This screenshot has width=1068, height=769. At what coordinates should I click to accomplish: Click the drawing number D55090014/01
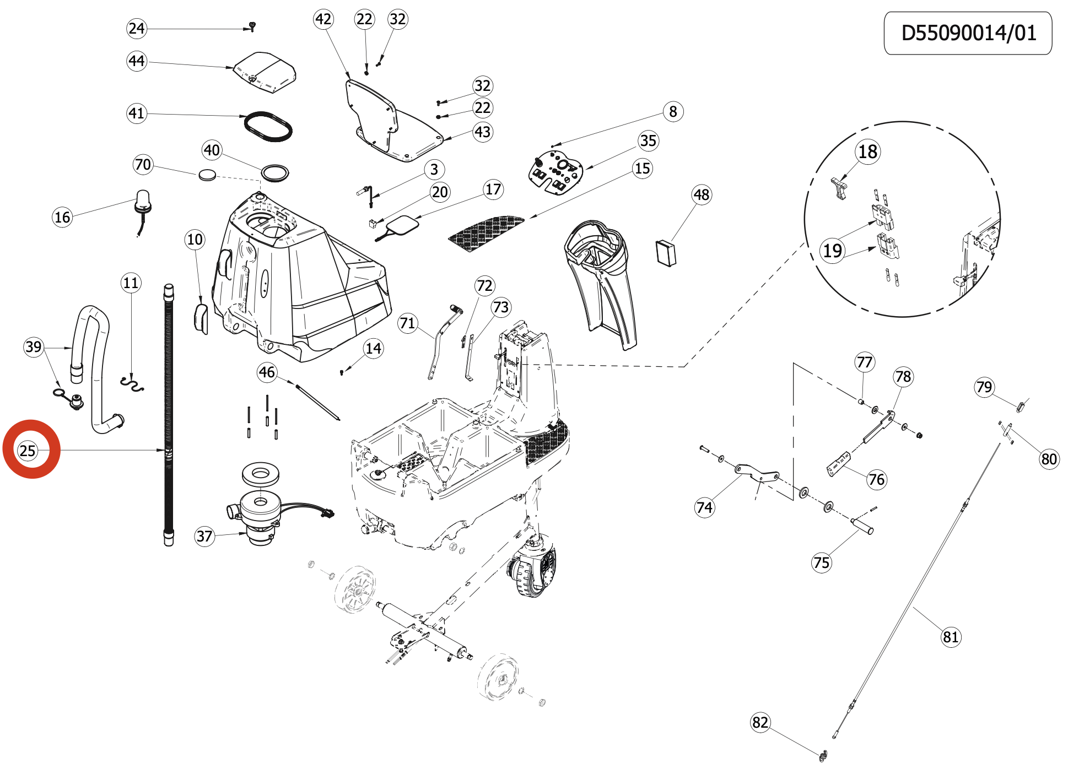[x=968, y=33]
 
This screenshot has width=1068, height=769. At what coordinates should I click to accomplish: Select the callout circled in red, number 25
[x=28, y=451]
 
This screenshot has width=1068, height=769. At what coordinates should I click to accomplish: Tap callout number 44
[x=137, y=61]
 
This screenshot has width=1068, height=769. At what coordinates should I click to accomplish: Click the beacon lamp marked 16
[x=142, y=203]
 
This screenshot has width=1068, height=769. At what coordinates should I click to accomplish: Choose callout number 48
[x=702, y=194]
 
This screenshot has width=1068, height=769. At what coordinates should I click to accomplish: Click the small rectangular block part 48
[x=666, y=253]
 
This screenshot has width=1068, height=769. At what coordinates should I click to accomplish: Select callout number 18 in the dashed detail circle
[x=868, y=151]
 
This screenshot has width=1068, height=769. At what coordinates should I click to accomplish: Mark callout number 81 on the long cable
[x=951, y=637]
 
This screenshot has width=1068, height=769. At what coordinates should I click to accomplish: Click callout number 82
[x=760, y=722]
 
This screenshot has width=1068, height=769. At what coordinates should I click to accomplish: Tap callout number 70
[x=143, y=164]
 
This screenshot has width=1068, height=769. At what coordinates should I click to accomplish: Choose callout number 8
[x=673, y=111]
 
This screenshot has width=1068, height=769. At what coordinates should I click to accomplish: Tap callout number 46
[x=267, y=372]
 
